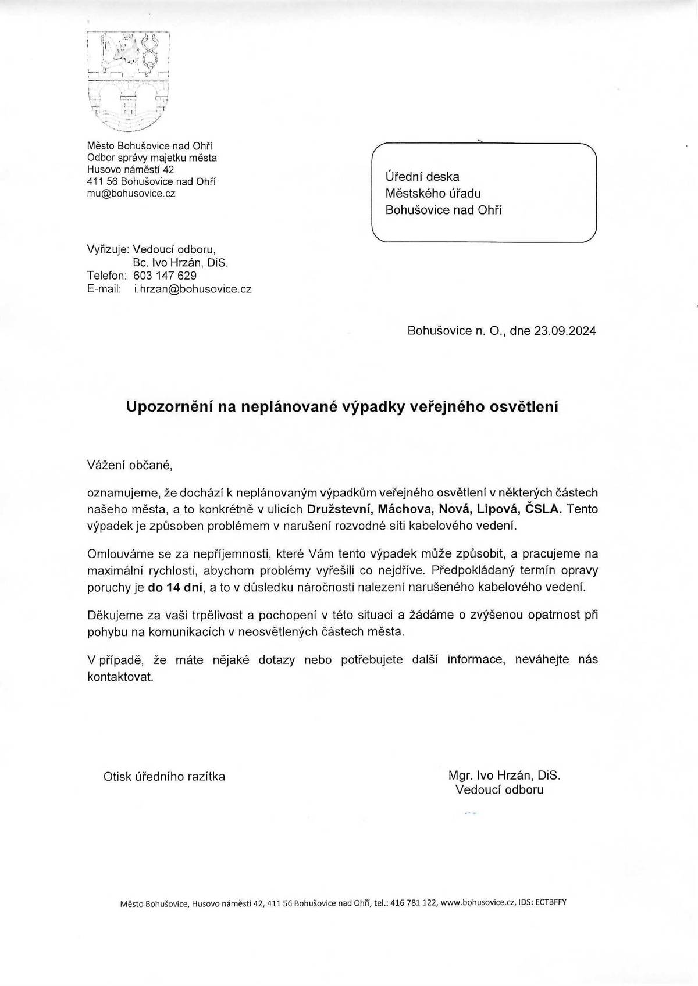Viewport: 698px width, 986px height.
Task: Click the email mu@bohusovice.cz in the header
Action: (131, 194)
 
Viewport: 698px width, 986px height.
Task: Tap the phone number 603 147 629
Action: (165, 276)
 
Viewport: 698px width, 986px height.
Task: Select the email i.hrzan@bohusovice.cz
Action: (193, 288)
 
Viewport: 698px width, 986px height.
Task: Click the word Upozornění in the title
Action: (169, 407)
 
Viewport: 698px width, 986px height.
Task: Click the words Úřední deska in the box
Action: (422, 176)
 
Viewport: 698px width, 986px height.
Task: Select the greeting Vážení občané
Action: (130, 465)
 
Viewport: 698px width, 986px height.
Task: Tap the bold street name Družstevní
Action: (339, 509)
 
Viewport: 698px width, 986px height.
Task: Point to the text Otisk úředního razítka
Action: (164, 777)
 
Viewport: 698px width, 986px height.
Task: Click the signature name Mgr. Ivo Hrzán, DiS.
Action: (504, 775)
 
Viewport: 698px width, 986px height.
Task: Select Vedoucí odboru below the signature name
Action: (499, 789)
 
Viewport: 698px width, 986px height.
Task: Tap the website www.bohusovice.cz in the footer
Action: (478, 903)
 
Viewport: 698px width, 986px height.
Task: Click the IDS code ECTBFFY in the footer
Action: (550, 903)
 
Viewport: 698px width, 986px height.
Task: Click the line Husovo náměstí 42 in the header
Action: (130, 170)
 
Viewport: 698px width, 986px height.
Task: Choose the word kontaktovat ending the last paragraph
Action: (120, 677)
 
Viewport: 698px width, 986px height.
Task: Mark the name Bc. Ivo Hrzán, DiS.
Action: (180, 263)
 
